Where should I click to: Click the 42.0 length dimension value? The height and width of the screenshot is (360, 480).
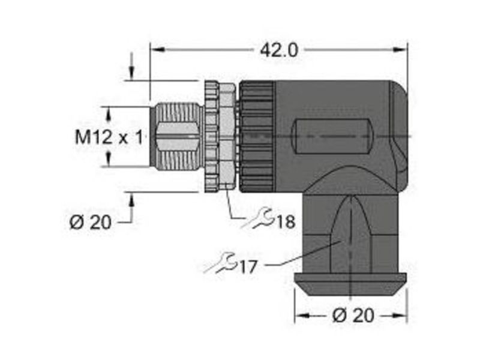pyautogui.click(x=278, y=50)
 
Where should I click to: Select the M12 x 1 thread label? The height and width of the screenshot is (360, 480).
pyautogui.click(x=109, y=137)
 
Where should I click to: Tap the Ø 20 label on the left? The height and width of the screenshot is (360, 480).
pyautogui.click(x=91, y=222)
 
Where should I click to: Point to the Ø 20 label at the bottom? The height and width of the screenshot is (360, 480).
pyautogui.click(x=353, y=315)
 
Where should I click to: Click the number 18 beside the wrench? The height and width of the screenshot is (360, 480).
pyautogui.click(x=286, y=221)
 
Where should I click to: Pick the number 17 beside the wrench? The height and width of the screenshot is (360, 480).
pyautogui.click(x=248, y=267)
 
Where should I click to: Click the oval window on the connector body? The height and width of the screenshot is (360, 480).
pyautogui.click(x=332, y=136)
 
